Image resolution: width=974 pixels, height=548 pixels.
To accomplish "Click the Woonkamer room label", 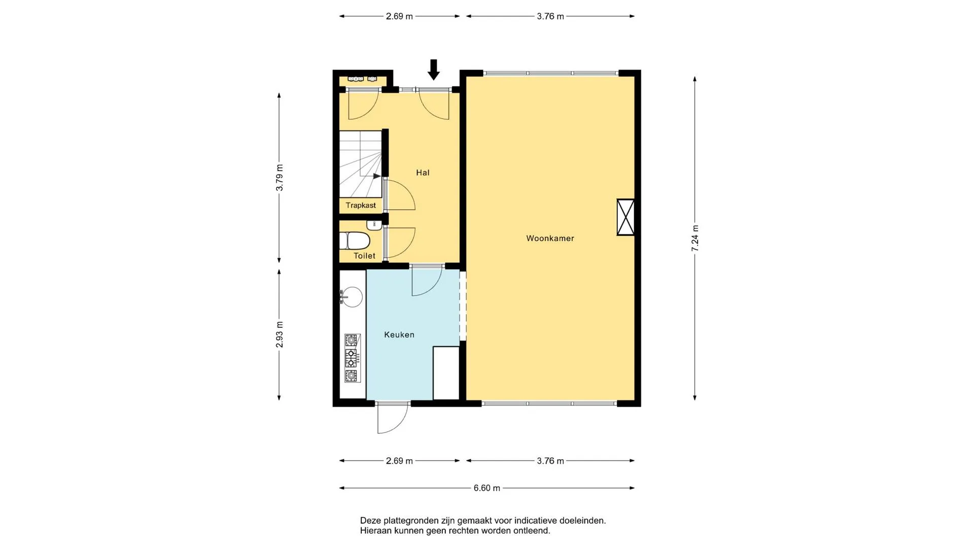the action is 550,238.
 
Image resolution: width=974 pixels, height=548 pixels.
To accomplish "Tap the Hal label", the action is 423,173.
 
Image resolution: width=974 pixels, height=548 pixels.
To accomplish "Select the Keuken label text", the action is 399,335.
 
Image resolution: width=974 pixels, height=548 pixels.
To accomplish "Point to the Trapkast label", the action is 361,205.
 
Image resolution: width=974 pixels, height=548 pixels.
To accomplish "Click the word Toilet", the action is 364,256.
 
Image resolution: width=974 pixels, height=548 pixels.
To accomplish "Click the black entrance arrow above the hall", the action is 433,70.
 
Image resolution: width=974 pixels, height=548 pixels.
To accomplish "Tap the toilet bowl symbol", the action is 355,241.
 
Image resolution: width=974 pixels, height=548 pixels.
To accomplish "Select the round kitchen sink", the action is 352,297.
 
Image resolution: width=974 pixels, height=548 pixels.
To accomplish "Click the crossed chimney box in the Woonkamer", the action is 625,217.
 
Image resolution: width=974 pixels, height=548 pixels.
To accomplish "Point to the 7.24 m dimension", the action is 695,238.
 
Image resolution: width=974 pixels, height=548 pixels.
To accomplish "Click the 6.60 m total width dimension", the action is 487,488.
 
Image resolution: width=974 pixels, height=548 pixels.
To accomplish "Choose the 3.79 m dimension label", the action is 280,178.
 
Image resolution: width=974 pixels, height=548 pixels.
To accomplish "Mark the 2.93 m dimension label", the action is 280,335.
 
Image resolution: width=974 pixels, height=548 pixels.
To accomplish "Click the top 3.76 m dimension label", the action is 550,16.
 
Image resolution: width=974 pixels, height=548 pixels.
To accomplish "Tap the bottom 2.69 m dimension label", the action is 399,461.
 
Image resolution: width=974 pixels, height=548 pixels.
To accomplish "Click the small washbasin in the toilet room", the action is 374,225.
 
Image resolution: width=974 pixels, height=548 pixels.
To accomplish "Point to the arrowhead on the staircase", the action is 377,176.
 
